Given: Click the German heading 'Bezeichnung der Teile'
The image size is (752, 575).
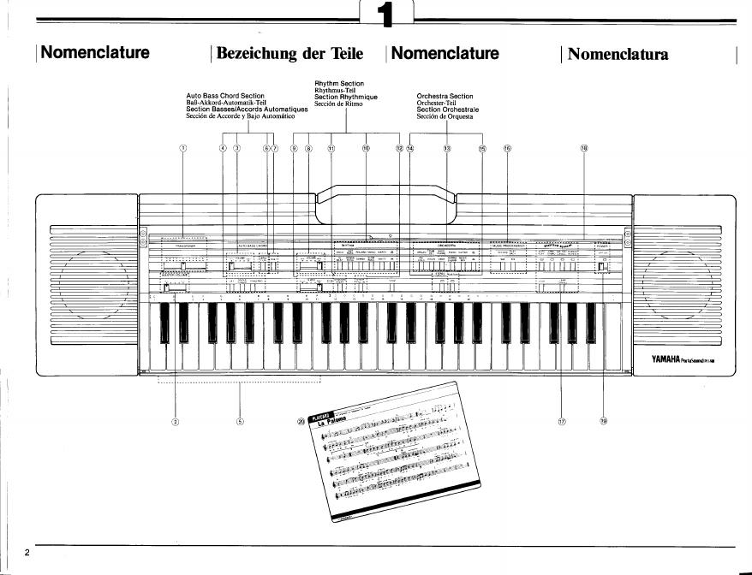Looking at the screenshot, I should (x=290, y=54).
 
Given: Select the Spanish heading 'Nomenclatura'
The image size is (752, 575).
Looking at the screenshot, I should (x=618, y=54).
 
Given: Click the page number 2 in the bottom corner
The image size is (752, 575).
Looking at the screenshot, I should (x=27, y=552).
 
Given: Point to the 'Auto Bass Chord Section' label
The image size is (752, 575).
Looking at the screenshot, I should (x=225, y=96).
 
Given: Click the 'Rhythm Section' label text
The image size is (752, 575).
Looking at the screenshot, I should (x=340, y=83).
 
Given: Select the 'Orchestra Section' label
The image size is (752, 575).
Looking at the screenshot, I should (x=445, y=96).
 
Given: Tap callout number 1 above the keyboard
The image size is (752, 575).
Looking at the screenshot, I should (x=182, y=148).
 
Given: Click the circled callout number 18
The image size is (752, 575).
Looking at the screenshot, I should (x=584, y=148).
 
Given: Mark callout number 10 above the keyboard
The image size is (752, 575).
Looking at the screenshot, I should (x=366, y=148).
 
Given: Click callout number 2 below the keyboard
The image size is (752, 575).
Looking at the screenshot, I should (x=176, y=420).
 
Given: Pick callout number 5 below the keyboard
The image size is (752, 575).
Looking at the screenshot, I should (x=240, y=420).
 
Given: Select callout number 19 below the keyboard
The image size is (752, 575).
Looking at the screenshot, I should (x=603, y=420).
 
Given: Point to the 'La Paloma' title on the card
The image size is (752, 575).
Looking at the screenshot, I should (x=337, y=423).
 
